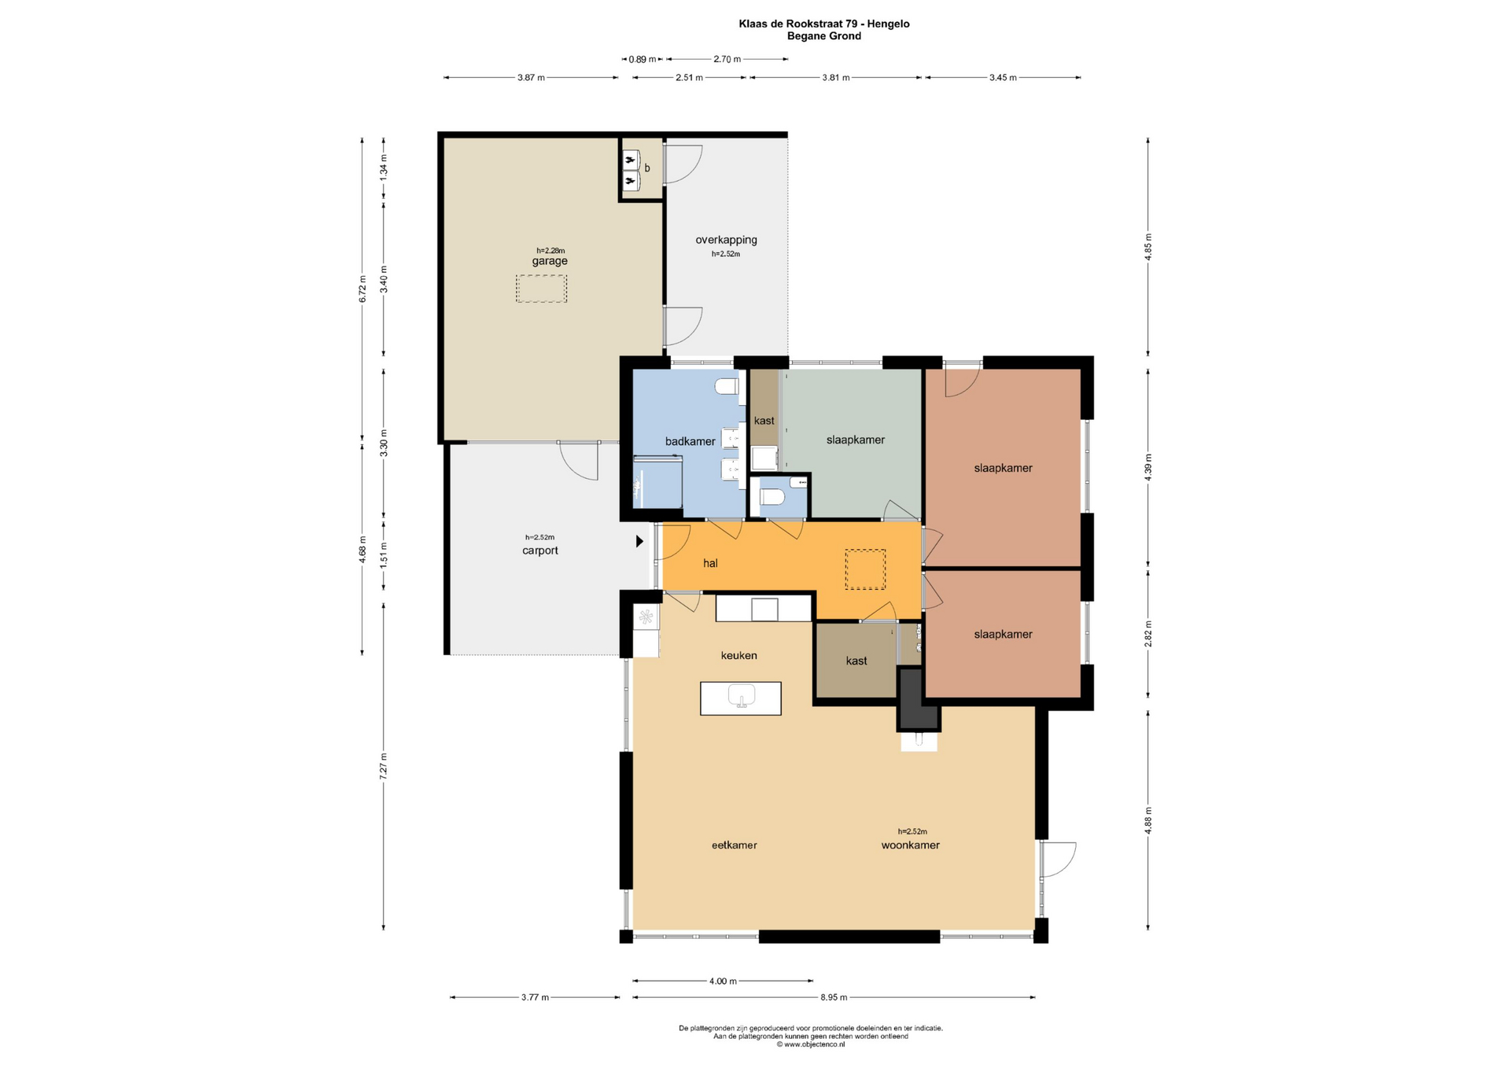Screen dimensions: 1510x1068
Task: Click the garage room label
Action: [550, 261]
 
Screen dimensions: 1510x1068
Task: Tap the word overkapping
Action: [726, 240]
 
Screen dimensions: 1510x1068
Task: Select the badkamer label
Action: [691, 441]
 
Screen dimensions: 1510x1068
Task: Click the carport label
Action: [540, 551]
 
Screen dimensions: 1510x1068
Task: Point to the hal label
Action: [710, 563]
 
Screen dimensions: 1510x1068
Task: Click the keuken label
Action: [739, 655]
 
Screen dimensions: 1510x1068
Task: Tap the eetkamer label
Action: [735, 845]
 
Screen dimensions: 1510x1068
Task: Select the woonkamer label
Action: [911, 845]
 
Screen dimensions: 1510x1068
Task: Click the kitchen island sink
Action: [742, 696]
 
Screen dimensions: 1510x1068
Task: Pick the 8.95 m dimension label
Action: [834, 997]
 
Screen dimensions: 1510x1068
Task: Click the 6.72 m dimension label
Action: [363, 289]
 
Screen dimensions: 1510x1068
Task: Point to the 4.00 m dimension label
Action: [723, 981]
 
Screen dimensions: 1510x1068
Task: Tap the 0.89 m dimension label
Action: [643, 59]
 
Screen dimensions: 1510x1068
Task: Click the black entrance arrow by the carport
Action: [640, 542]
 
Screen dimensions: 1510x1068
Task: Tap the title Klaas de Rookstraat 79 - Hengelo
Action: [824, 24]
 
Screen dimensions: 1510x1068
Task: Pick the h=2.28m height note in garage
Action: [551, 251]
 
